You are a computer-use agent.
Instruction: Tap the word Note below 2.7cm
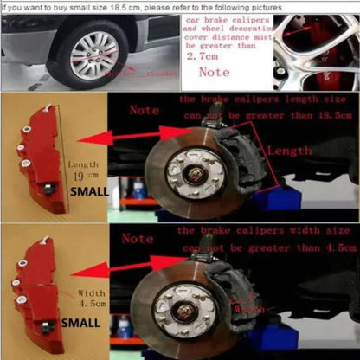click(x=214, y=74)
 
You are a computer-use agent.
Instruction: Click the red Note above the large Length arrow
click(x=144, y=110)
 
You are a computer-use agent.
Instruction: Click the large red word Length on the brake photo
click(x=289, y=150)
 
